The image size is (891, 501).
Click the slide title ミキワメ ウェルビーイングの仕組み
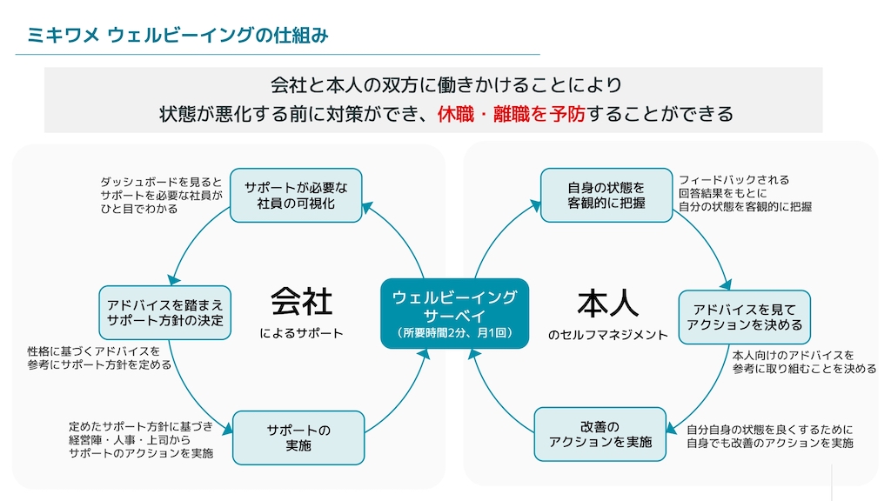tap(178, 36)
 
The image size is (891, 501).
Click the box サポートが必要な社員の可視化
tap(295, 196)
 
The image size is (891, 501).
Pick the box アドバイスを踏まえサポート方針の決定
tap(164, 312)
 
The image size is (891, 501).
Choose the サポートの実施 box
tap(298, 438)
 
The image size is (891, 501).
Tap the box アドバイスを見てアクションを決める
tap(744, 317)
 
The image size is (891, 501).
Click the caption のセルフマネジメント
tap(607, 334)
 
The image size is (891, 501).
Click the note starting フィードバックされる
tap(745, 193)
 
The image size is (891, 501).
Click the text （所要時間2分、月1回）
tap(454, 333)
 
